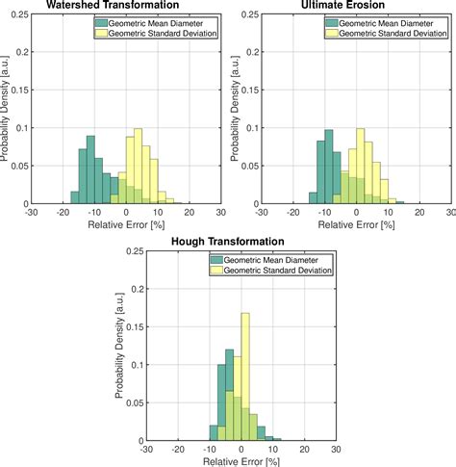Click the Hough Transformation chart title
tap(228, 241)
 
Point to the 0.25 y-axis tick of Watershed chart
tap(19, 14)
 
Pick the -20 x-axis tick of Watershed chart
tap(63, 213)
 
